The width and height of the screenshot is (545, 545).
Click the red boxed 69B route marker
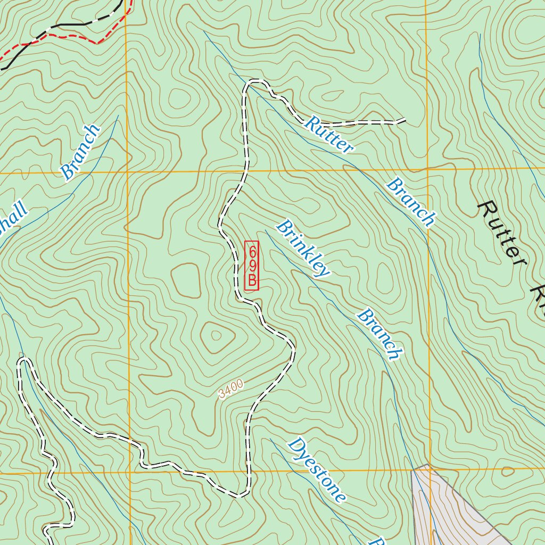click(251, 266)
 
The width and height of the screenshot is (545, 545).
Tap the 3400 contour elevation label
click(231, 389)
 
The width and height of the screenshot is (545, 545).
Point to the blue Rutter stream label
click(328, 134)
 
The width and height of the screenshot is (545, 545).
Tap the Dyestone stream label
click(317, 470)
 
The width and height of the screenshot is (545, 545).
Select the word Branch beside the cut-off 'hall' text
click(80, 152)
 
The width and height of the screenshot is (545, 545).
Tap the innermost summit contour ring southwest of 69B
click(216, 335)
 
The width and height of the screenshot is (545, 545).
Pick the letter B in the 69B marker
click(252, 280)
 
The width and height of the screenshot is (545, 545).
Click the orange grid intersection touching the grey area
click(428, 469)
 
